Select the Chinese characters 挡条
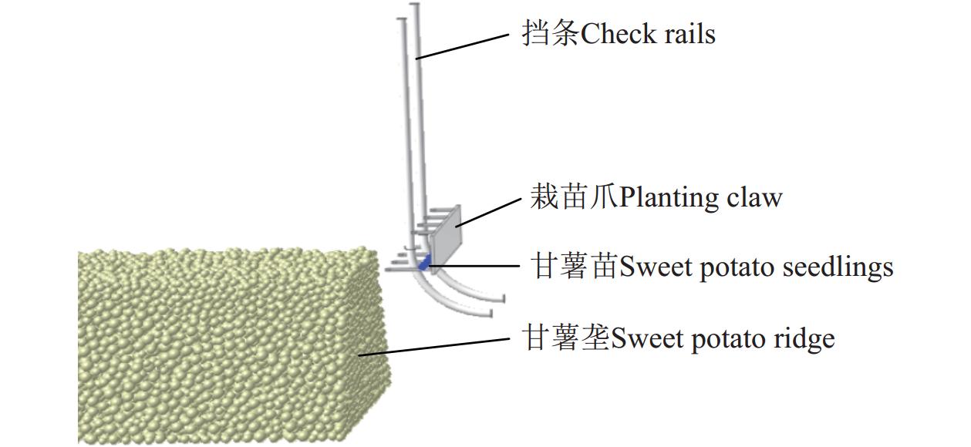pyautogui.click(x=550, y=35)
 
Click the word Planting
pyautogui.click(x=670, y=199)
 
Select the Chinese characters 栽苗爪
pyautogui.click(x=574, y=198)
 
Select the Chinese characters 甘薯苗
pyautogui.click(x=574, y=267)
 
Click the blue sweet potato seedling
pyautogui.click(x=423, y=264)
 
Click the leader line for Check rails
pyautogui.click(x=463, y=45)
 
